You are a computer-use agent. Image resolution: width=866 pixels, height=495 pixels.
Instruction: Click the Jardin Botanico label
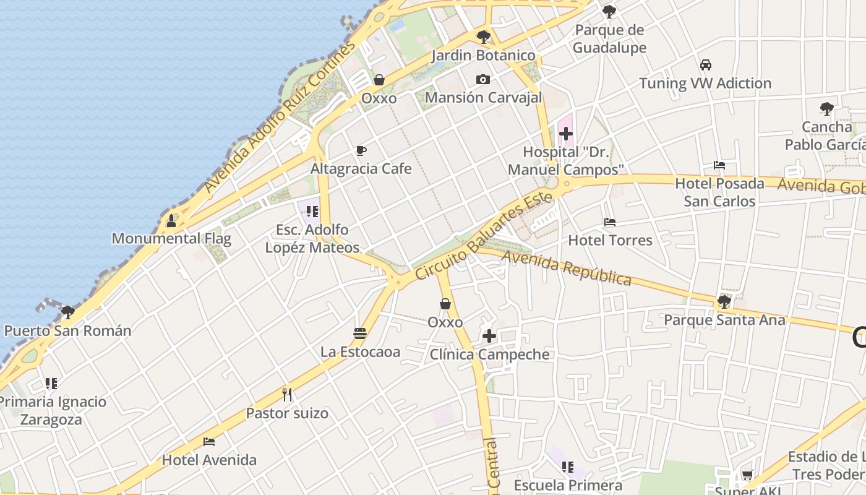(x=483, y=56)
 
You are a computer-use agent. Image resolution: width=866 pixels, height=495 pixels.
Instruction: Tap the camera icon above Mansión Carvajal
(x=483, y=79)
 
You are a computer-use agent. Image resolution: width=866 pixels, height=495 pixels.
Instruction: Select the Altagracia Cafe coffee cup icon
(x=361, y=150)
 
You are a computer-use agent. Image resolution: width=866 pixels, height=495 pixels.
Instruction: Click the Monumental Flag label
(x=171, y=239)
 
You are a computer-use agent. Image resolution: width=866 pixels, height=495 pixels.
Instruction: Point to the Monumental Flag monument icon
(x=171, y=221)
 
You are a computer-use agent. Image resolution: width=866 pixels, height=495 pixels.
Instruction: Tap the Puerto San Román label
(x=68, y=331)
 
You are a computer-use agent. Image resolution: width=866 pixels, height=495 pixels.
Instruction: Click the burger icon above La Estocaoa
(x=360, y=334)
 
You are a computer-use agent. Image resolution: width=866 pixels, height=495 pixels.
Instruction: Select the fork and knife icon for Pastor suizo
(x=287, y=394)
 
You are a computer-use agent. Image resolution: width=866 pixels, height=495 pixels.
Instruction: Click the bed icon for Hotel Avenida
(x=209, y=442)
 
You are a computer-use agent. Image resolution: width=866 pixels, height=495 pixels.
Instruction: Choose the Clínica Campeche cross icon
(x=489, y=336)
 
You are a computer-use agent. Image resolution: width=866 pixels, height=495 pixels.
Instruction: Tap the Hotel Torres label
(x=610, y=240)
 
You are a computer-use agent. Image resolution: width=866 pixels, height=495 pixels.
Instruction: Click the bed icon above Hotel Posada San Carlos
(x=719, y=165)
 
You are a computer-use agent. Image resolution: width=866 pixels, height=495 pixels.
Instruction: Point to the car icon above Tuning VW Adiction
(x=705, y=64)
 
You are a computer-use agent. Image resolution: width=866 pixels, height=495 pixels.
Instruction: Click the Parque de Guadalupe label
(x=609, y=39)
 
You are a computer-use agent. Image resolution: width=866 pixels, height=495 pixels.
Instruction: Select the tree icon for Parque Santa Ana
(x=724, y=302)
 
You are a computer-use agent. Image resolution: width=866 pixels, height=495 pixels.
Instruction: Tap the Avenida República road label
(x=567, y=268)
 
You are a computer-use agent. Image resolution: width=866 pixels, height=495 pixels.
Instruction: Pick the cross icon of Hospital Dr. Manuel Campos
(x=565, y=133)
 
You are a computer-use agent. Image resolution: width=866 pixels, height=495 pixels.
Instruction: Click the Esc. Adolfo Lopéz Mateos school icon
(x=312, y=212)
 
